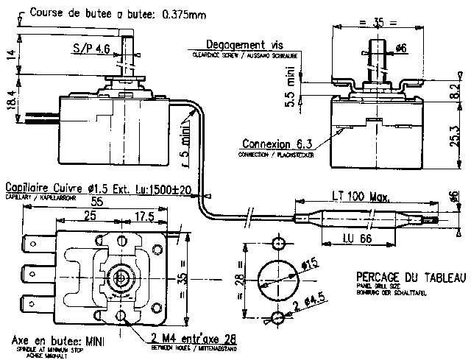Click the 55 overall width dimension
pos(96,200)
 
